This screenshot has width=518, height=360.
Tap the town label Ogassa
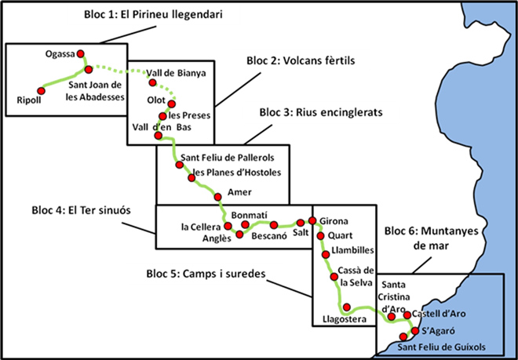click(x=60, y=53)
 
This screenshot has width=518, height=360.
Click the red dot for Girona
click(x=312, y=220)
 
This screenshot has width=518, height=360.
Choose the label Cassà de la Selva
click(x=356, y=276)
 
